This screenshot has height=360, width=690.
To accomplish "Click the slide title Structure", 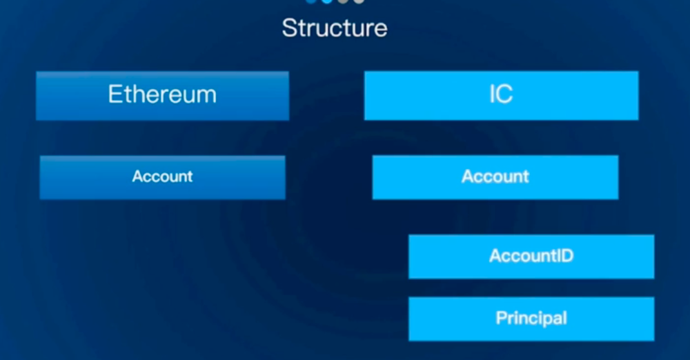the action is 335,28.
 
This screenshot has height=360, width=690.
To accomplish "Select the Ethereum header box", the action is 162,95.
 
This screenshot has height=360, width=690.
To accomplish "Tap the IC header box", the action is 501,95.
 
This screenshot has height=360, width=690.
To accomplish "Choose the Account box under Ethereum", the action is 162,177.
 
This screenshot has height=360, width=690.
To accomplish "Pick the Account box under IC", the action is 495,177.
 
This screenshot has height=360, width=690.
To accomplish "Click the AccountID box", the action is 531,257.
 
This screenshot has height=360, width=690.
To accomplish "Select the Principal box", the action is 531,319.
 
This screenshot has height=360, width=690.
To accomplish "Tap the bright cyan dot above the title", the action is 327,1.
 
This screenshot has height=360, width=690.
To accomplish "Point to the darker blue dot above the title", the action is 311,1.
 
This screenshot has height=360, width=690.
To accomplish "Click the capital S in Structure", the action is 289,28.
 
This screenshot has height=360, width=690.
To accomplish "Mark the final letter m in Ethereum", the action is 206,97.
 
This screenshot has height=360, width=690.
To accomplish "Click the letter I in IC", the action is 492,94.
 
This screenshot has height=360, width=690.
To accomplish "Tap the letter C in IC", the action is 505,94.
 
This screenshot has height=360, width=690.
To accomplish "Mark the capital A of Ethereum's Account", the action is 138,177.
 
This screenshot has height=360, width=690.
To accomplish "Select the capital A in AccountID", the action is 495,256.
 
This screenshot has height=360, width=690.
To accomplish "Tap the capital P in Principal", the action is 501,318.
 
